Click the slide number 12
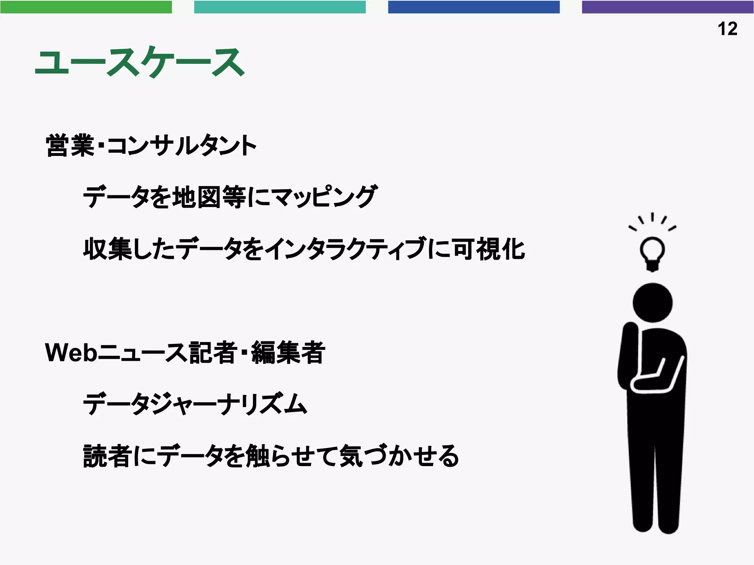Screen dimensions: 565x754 [727, 29]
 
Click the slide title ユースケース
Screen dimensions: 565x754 [140, 63]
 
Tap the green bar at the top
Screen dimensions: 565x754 [86, 7]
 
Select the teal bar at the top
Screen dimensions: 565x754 [280, 7]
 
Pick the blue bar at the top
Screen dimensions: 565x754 [473, 7]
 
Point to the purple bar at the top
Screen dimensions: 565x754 [667, 7]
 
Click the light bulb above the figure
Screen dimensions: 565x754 [652, 252]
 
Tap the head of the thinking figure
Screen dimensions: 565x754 [652, 302]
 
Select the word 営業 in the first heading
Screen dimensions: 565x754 [70, 146]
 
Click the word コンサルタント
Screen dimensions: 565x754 [182, 146]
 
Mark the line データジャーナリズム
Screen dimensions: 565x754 [195, 404]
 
